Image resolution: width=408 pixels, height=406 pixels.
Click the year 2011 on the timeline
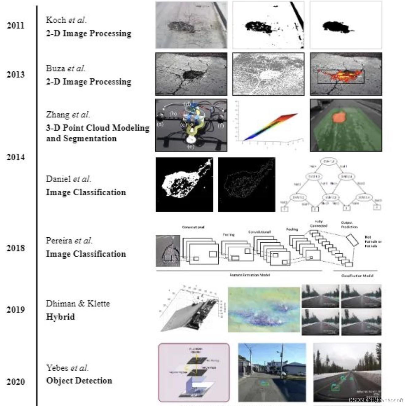(15, 25)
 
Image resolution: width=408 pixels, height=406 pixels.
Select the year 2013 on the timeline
(15, 75)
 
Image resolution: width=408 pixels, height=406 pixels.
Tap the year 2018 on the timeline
(15, 248)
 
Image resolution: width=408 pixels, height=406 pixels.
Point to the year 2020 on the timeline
(15, 382)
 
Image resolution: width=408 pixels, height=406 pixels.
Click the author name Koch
(56, 20)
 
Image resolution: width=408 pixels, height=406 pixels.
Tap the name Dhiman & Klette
(78, 304)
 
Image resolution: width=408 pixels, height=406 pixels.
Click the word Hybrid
(60, 317)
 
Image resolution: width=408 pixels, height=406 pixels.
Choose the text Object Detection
(79, 381)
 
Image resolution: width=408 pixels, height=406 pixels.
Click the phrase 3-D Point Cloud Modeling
(98, 128)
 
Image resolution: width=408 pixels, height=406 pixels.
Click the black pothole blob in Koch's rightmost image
(336, 27)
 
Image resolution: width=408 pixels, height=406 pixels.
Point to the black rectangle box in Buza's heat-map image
(341, 77)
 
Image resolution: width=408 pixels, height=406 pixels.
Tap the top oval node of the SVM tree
(329, 162)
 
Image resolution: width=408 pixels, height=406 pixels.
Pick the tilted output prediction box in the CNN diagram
(352, 240)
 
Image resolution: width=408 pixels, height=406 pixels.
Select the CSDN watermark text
(376, 400)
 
